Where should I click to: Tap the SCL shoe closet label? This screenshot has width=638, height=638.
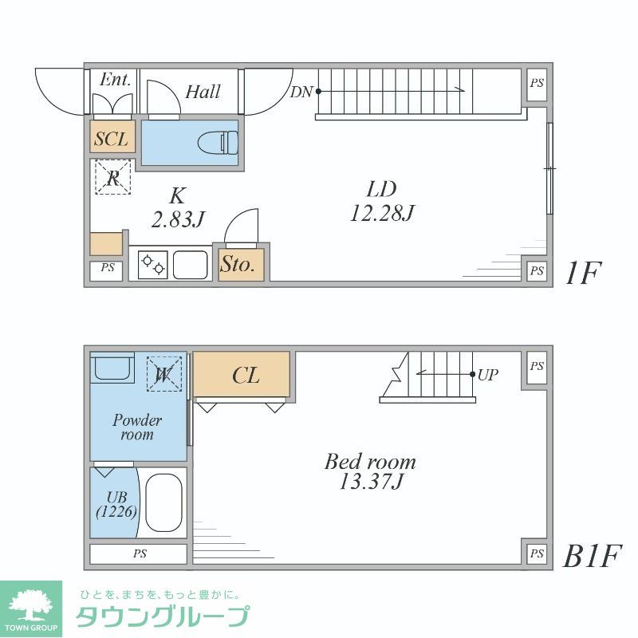point(111,139)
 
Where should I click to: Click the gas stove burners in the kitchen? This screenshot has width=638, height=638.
point(152,264)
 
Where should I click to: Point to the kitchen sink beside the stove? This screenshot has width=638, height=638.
point(191,264)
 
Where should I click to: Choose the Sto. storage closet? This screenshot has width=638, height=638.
point(238,265)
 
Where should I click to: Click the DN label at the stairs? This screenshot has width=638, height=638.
point(301,92)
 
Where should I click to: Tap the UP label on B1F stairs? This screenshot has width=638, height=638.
point(489,373)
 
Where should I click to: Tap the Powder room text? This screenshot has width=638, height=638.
point(137,427)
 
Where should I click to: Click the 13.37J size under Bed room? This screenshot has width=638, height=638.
point(370,482)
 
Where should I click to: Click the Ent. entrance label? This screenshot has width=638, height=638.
point(115,80)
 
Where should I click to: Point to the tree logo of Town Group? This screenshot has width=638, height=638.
point(30,604)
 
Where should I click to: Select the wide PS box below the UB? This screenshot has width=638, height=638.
point(139,553)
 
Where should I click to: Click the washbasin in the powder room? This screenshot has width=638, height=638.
point(108,369)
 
